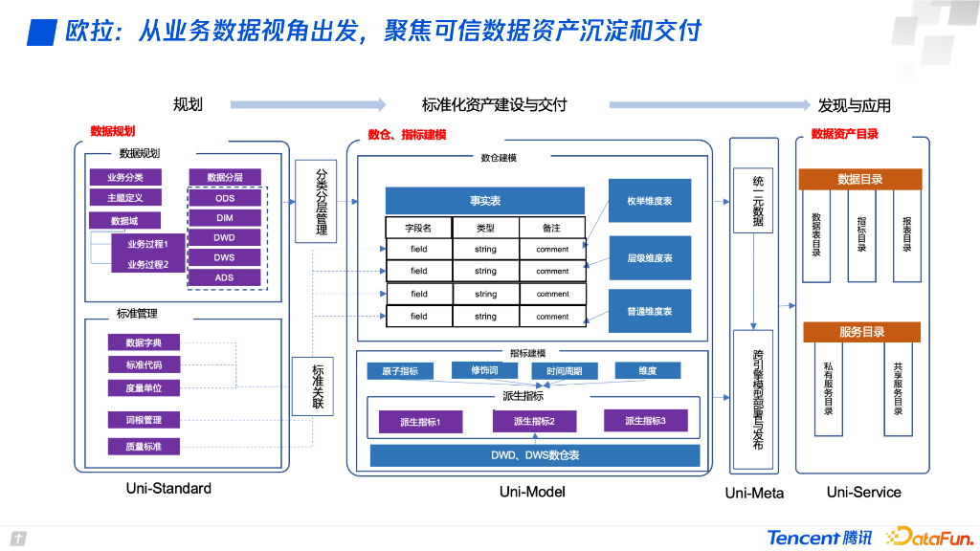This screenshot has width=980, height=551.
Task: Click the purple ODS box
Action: click(225, 198)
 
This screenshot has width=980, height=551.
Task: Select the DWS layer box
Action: click(225, 257)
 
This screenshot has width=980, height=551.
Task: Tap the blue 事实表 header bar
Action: click(484, 201)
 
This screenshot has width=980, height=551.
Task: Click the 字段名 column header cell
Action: click(418, 228)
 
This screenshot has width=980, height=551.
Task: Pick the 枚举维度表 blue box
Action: click(649, 201)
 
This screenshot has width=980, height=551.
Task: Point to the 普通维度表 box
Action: click(649, 311)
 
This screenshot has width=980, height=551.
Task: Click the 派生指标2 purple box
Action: click(533, 421)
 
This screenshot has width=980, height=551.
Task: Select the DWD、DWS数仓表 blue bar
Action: click(534, 455)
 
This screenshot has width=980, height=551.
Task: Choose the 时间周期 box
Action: click(564, 371)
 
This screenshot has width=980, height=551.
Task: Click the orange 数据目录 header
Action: click(859, 179)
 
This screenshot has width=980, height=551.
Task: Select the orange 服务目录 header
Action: click(861, 332)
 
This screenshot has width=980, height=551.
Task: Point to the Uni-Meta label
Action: click(754, 493)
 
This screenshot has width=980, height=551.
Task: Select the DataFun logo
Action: click(928, 537)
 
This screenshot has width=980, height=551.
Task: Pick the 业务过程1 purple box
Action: click(147, 244)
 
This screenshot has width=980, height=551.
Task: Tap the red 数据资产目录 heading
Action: click(844, 135)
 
